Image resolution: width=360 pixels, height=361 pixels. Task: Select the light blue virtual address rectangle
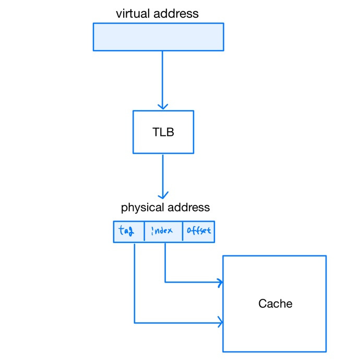click(x=158, y=37)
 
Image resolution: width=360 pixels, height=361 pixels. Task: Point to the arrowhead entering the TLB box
click(x=163, y=106)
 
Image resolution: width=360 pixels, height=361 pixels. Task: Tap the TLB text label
click(x=163, y=132)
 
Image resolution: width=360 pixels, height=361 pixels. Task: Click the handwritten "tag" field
click(x=127, y=231)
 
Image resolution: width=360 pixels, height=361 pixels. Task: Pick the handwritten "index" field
click(x=162, y=231)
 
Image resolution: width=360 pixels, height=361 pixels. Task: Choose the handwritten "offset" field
click(x=199, y=231)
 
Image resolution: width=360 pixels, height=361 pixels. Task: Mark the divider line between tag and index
click(x=144, y=231)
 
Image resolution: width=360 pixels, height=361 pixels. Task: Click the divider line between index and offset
click(x=183, y=231)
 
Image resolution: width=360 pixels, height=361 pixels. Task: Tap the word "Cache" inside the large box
click(x=275, y=304)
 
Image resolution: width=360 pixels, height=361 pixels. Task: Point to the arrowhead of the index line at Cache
click(x=220, y=283)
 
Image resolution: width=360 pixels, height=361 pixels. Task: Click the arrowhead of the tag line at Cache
click(x=220, y=323)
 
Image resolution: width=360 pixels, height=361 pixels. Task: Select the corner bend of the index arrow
click(x=165, y=283)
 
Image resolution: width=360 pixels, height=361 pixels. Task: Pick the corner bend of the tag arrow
click(x=135, y=323)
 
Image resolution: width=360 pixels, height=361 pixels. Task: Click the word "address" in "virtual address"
click(x=176, y=14)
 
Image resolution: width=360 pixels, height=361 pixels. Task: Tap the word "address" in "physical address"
click(x=187, y=207)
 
